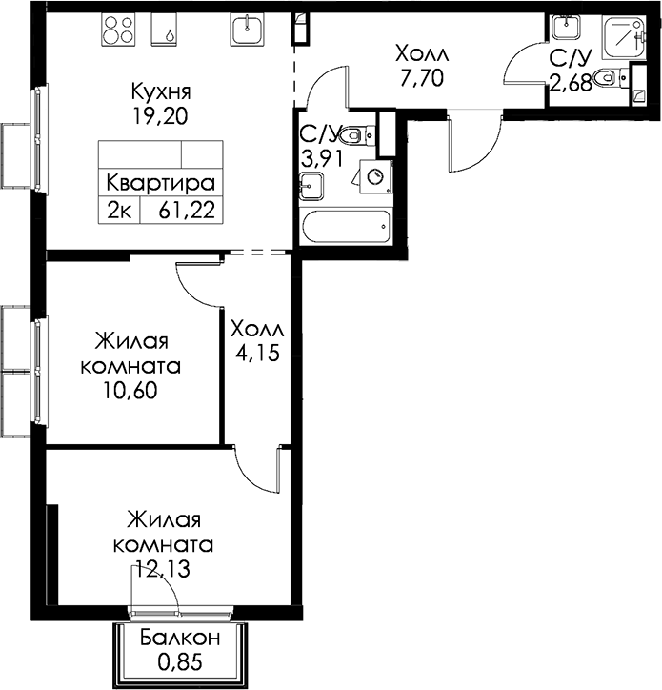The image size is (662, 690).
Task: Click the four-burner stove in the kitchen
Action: (118, 29)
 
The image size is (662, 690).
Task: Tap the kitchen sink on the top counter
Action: (248, 29)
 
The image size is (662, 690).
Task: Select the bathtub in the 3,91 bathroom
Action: (346, 227)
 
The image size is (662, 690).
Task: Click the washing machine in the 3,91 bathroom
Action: (376, 176)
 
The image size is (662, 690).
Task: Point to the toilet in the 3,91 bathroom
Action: (357, 134)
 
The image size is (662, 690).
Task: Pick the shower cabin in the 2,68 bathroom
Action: (624, 36)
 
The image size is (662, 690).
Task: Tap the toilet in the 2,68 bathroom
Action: (611, 78)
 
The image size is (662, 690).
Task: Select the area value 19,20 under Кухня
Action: (160, 116)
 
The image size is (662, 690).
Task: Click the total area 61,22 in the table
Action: (187, 211)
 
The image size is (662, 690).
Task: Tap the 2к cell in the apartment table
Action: (119, 211)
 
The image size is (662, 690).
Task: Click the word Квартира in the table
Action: (161, 183)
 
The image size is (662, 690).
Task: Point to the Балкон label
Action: (180, 638)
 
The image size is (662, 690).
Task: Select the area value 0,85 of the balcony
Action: (180, 661)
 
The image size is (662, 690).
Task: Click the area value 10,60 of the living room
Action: (130, 390)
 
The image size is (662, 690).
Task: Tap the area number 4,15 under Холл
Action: (258, 353)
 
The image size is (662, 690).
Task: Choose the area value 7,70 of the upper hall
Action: (422, 78)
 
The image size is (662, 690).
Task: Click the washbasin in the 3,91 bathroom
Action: (311, 186)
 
